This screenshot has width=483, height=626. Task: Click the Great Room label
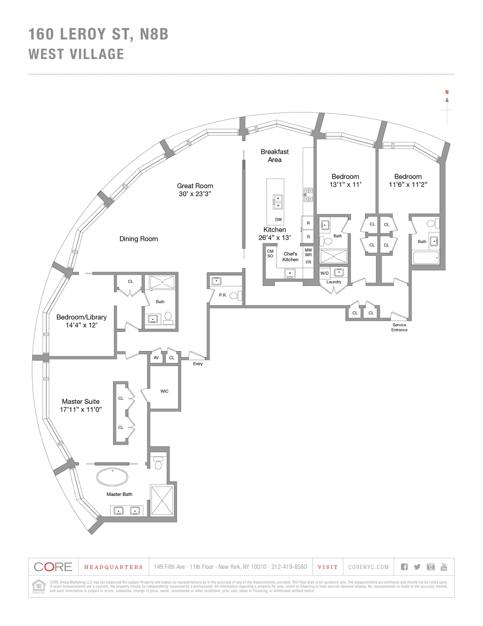(195, 186)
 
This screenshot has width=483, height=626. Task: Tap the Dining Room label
(138, 239)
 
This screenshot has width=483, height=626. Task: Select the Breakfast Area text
(275, 156)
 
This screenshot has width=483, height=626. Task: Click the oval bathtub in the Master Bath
(112, 477)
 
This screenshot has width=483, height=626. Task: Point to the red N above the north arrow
(447, 92)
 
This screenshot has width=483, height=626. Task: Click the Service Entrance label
(399, 327)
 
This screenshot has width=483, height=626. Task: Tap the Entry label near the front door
(198, 364)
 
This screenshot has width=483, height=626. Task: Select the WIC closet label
(164, 391)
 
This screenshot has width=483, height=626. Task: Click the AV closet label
(156, 358)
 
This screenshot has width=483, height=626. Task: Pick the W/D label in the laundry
(324, 273)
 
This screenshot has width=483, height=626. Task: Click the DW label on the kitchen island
(279, 220)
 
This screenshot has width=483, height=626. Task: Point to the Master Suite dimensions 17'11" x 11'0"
(80, 410)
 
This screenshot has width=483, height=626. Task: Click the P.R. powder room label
(223, 295)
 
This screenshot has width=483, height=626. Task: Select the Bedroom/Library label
(81, 317)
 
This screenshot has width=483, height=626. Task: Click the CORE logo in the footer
(53, 567)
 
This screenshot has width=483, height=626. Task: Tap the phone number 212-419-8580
(289, 567)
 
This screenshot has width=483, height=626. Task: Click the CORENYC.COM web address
(368, 567)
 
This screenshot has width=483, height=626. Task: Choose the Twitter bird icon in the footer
(417, 567)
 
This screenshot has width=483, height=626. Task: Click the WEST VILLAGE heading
(76, 54)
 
